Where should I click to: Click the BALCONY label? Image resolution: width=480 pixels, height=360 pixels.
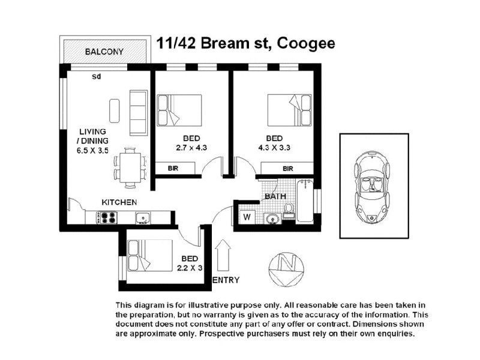click(104, 52)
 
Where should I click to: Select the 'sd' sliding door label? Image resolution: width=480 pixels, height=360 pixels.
click(97, 77)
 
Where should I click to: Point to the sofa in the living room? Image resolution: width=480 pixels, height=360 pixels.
click(138, 113)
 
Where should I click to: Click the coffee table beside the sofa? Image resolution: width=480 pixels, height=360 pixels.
click(115, 110)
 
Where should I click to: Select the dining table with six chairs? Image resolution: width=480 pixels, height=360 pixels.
click(130, 167)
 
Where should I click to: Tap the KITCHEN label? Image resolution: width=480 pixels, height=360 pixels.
click(119, 202)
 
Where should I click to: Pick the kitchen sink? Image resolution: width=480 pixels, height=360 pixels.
click(141, 218)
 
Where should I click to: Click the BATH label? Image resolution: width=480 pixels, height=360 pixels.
click(276, 196)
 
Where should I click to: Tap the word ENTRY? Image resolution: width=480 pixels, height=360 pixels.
click(226, 280)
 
